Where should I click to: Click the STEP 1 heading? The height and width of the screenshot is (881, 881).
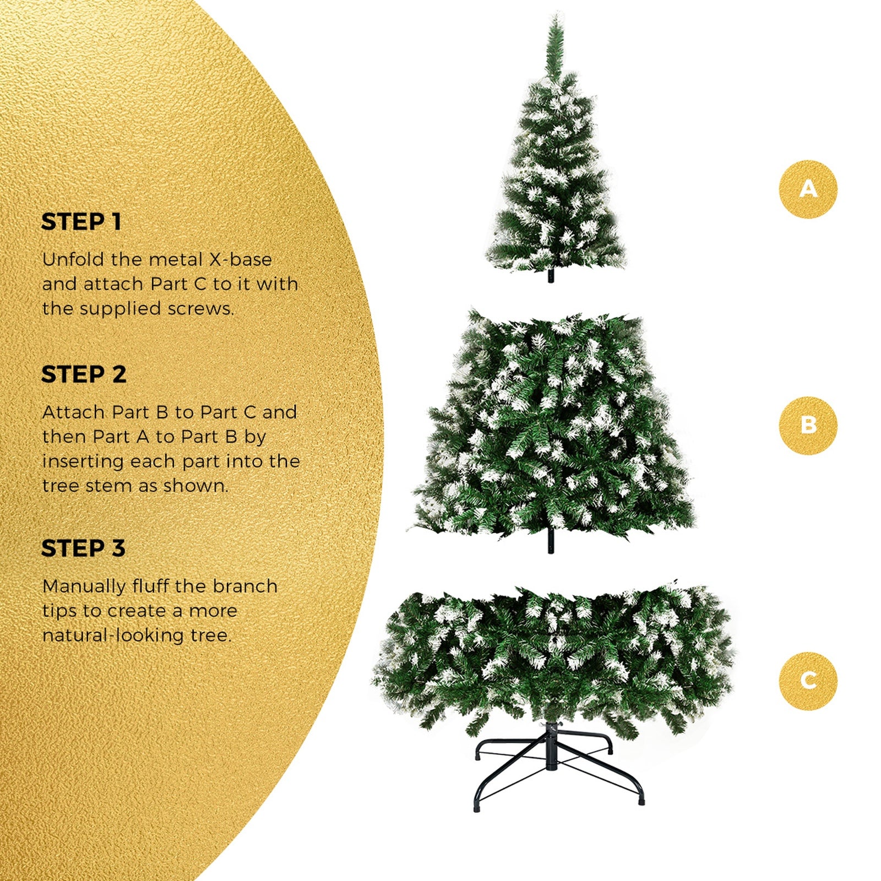pyautogui.click(x=81, y=222)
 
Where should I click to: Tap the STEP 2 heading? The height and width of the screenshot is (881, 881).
pyautogui.click(x=84, y=374)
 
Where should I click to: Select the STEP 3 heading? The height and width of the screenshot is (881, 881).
pyautogui.click(x=84, y=548)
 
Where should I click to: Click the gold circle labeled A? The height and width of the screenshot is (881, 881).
pyautogui.click(x=808, y=189)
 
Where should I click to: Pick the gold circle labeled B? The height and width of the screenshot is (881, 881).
pyautogui.click(x=808, y=425)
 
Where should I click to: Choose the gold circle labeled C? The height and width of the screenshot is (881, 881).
pyautogui.click(x=808, y=680)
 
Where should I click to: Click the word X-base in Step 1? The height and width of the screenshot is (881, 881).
pyautogui.click(x=240, y=259)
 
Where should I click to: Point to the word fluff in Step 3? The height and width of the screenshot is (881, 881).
pyautogui.click(x=150, y=586)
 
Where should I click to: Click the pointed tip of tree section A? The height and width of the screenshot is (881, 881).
pyautogui.click(x=556, y=17)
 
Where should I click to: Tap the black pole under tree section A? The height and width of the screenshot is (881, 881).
pyautogui.click(x=551, y=275)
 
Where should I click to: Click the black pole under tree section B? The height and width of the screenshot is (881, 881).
pyautogui.click(x=551, y=542)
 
